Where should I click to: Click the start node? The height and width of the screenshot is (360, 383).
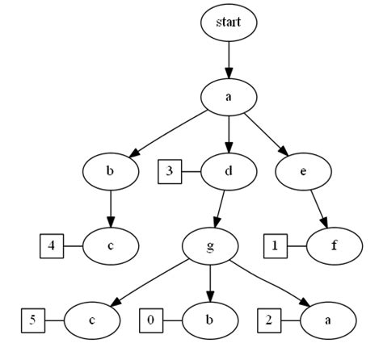(x=229, y=23)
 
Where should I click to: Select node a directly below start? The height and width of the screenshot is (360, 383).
(x=229, y=97)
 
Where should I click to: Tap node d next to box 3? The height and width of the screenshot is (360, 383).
(x=229, y=170)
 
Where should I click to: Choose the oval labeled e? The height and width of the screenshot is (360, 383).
(x=303, y=170)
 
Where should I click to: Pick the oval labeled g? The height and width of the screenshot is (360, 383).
(x=211, y=245)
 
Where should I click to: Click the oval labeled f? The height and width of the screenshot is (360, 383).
(x=332, y=245)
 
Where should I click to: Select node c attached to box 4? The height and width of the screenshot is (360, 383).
(x=110, y=245)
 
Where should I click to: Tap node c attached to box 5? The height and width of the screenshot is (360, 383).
(x=91, y=320)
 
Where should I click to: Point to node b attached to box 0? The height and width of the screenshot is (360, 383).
(x=211, y=320)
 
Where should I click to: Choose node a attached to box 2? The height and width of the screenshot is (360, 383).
(x=328, y=320)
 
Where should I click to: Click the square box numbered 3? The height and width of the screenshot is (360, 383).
(x=169, y=170)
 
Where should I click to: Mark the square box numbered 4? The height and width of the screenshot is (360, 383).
(x=51, y=245)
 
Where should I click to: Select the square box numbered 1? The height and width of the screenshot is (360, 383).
(x=273, y=245)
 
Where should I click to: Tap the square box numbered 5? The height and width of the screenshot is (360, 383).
(x=32, y=320)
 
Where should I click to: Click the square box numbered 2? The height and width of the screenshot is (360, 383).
(x=270, y=320)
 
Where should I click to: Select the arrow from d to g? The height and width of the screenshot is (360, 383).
(x=220, y=207)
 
